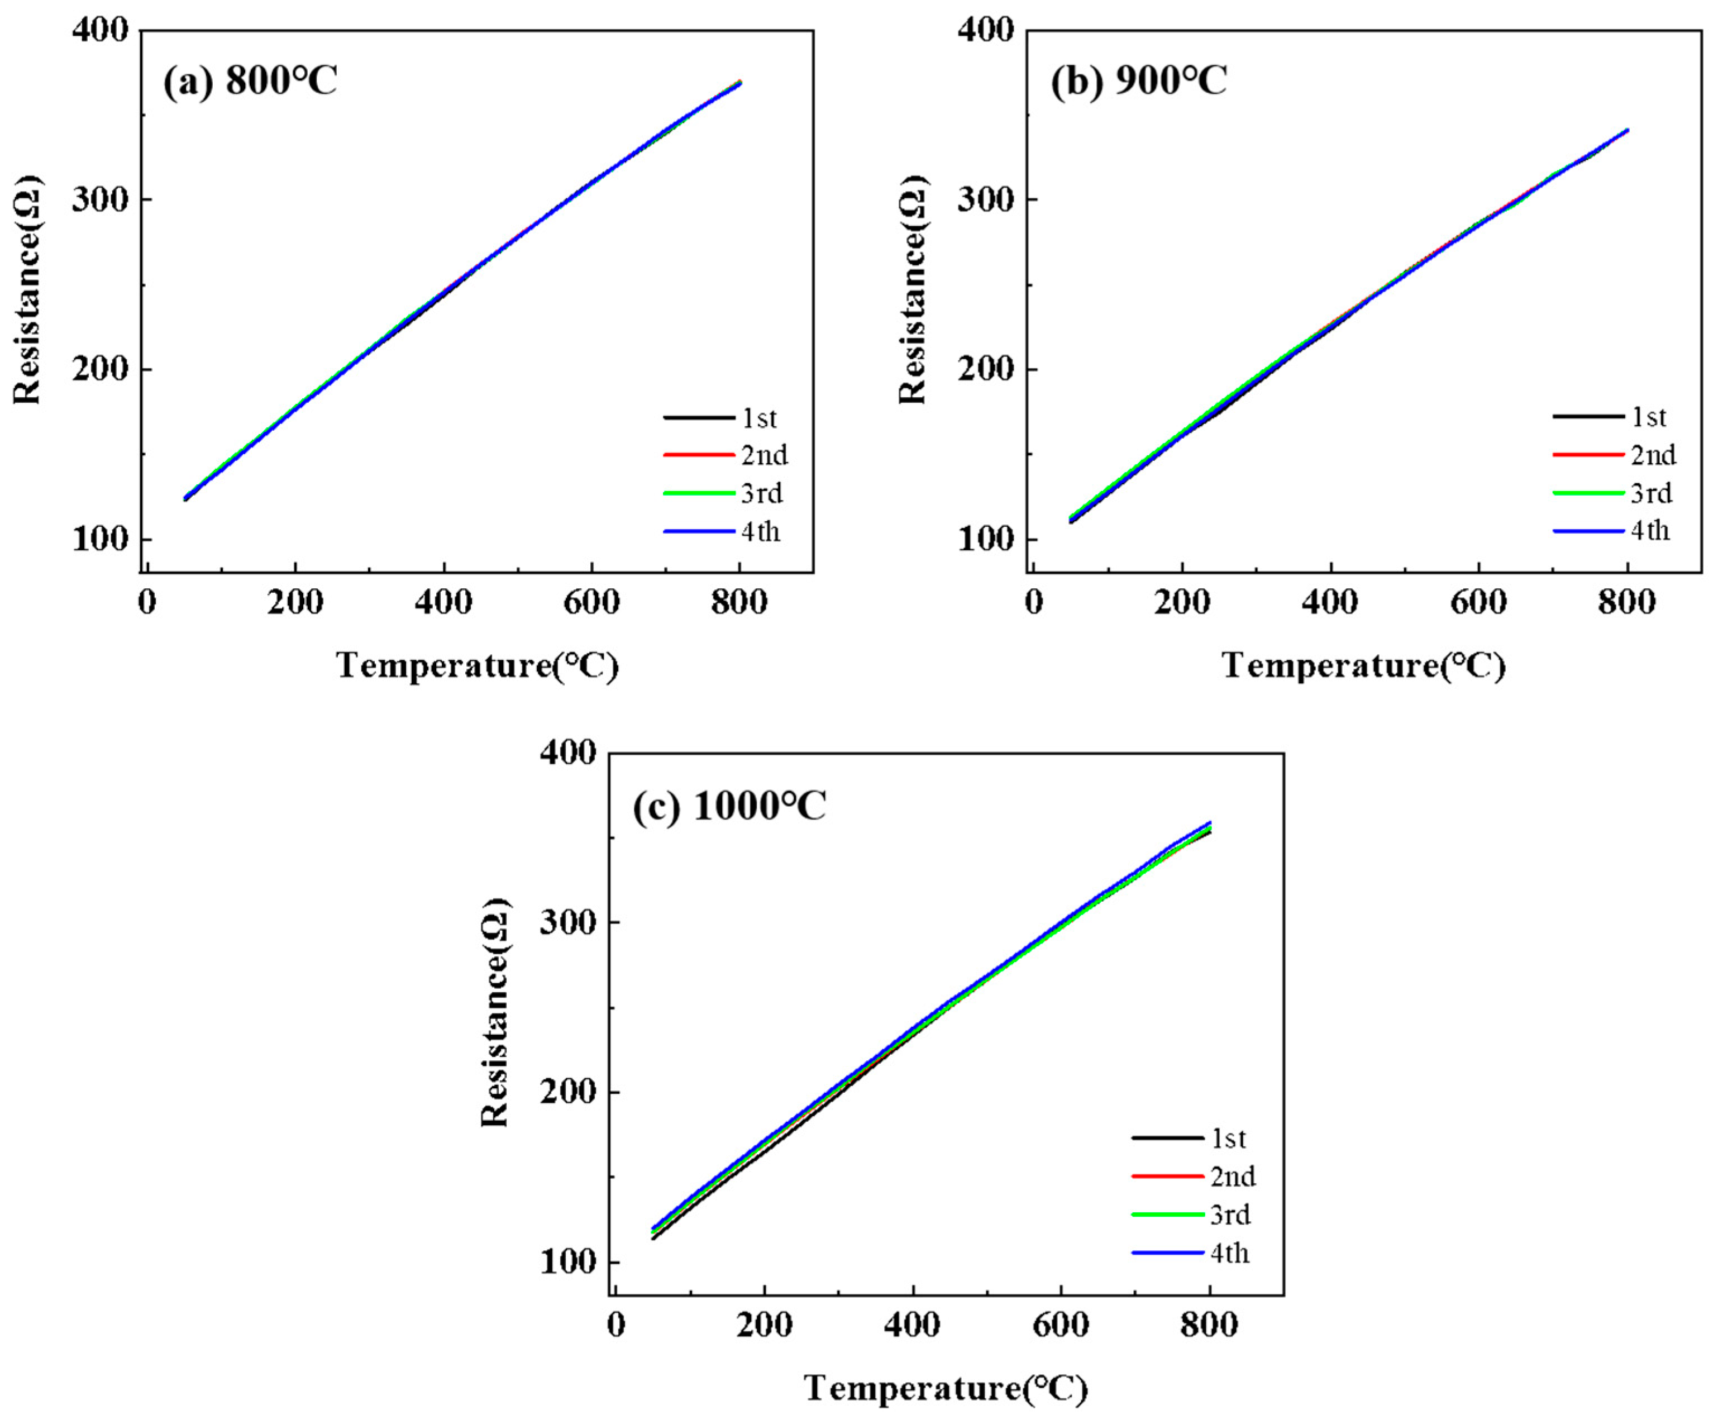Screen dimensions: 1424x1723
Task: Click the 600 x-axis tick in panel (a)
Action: click(591, 603)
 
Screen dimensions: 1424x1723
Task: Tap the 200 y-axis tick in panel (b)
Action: click(986, 369)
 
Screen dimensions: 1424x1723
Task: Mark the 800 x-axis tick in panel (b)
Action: click(1627, 603)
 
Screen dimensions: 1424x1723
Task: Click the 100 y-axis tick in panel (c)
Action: click(567, 1261)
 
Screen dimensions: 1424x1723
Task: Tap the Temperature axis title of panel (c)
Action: click(946, 1388)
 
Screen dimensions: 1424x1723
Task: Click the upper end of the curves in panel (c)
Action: click(1209, 825)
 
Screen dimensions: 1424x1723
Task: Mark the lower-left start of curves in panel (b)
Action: click(1072, 520)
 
